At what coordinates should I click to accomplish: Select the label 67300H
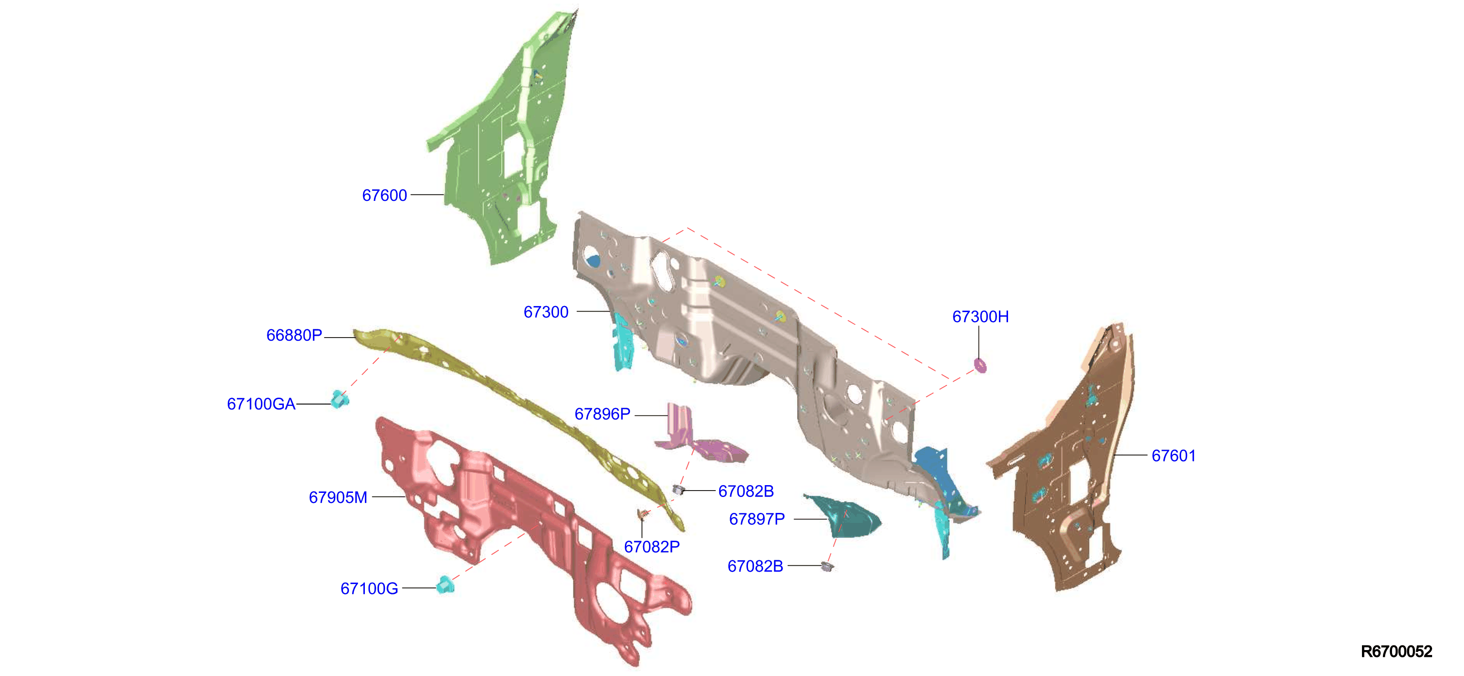point(980,317)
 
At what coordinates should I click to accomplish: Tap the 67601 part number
point(1173,456)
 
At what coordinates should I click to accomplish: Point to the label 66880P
point(294,335)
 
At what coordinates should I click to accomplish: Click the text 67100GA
point(261,404)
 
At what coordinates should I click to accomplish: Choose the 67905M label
point(338,497)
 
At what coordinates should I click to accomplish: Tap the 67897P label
point(757,519)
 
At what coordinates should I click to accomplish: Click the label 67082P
point(652,547)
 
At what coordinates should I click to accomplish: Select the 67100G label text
point(369,589)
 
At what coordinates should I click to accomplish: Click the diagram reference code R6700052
point(1397,651)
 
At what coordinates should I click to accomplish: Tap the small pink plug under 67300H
point(980,365)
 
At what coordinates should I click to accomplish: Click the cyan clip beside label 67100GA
point(340,399)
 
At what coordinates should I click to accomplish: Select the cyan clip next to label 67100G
point(445,584)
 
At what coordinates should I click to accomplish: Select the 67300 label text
point(546,312)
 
